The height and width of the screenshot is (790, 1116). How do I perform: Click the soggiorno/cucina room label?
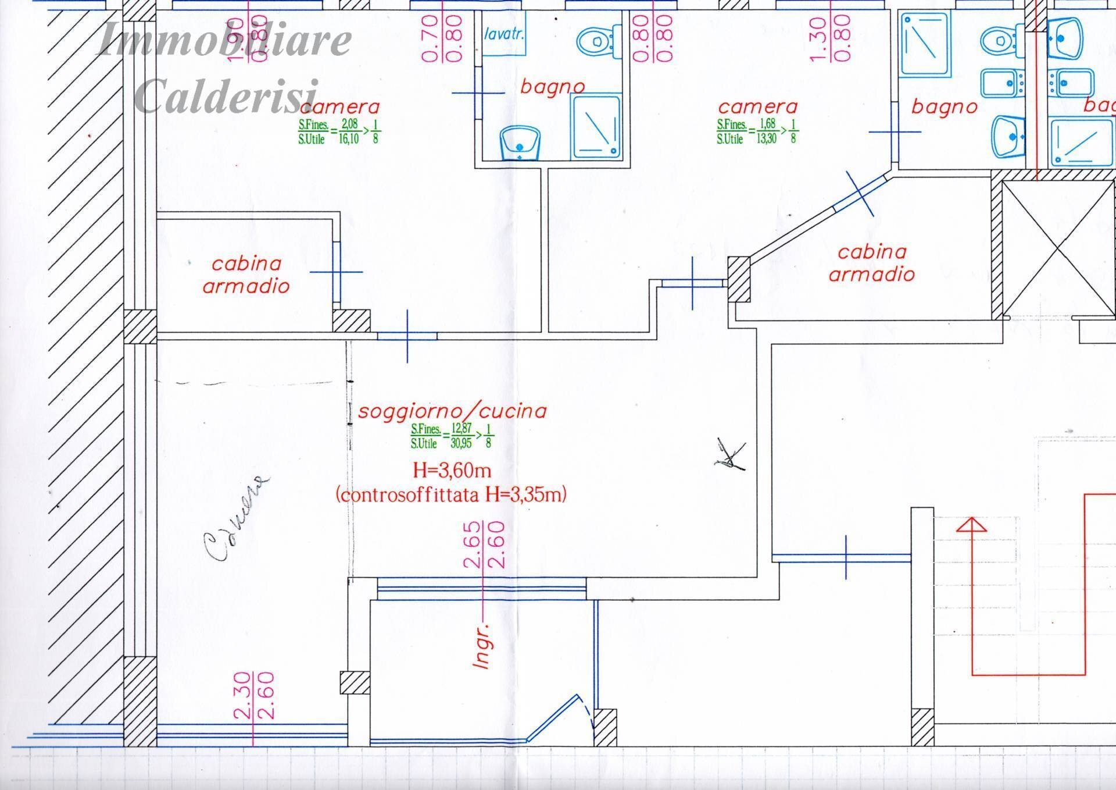[x=452, y=411]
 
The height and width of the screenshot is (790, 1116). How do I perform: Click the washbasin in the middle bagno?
[x=520, y=143]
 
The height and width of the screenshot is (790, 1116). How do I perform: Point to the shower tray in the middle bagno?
[x=596, y=127]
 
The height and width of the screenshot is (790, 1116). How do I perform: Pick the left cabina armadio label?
[x=246, y=275]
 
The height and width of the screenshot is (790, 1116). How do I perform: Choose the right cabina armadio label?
[x=871, y=263]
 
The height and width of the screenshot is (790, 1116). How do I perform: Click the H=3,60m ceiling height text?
[x=452, y=469]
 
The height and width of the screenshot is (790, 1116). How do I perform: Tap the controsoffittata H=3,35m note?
[x=451, y=494]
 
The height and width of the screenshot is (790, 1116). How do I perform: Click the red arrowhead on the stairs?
[x=971, y=525]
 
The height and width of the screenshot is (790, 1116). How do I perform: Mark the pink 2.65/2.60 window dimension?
[x=483, y=545]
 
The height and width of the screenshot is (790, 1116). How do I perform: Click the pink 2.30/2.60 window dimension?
[x=253, y=696]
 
